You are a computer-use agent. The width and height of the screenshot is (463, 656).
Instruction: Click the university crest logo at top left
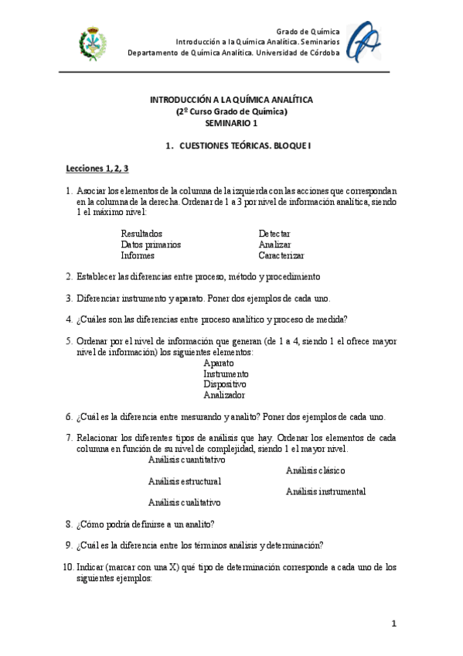[94, 45]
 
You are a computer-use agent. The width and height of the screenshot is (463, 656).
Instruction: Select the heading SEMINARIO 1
[231, 123]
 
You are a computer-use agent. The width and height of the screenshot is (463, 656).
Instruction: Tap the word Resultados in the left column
[141, 233]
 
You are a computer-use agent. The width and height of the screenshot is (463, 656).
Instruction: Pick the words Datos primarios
[151, 244]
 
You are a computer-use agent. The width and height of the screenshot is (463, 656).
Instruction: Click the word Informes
[138, 255]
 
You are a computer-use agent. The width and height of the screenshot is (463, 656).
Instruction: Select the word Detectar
[274, 233]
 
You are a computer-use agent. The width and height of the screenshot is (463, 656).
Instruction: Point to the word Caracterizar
[281, 255]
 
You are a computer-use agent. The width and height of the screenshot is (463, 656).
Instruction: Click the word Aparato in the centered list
[219, 362]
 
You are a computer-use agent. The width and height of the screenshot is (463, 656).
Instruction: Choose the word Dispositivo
[225, 384]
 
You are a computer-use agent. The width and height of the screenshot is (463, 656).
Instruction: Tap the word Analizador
[224, 395]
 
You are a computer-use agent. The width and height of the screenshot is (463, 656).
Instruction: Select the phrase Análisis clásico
[315, 470]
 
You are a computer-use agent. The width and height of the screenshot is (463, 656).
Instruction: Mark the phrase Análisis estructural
[185, 481]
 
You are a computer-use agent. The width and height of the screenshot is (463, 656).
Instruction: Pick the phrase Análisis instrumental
[325, 492]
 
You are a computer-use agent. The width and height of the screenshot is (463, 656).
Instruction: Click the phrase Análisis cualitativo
[184, 503]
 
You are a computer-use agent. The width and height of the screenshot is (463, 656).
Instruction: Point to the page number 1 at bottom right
[393, 624]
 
